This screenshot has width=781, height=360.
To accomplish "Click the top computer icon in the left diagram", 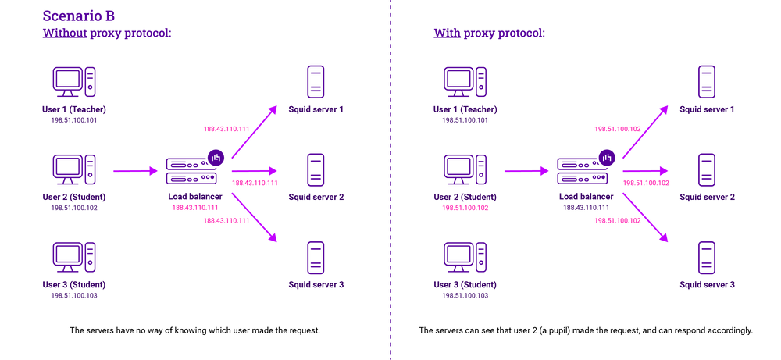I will coord(74,80).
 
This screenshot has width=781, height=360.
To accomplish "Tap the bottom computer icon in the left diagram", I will coord(74,256).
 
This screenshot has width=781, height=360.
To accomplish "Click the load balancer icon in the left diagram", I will coord(194,169).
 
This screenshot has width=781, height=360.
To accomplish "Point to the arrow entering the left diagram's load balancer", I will coord(135,170).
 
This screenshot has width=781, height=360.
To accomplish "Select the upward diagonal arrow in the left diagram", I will coord(255,130).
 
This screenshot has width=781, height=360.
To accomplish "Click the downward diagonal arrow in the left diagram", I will coord(255,217).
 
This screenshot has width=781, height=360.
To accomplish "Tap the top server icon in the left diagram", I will coord(316,82).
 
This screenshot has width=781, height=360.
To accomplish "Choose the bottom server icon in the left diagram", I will coord(316,257).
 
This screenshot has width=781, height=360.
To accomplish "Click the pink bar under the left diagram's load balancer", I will coord(195,208).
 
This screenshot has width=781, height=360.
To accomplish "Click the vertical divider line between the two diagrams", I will coord(390,180).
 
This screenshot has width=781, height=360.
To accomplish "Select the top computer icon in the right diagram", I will coord(465,80).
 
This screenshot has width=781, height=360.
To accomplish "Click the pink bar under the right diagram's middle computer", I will coord(465,208).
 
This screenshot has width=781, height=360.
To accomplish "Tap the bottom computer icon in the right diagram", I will coord(465,256).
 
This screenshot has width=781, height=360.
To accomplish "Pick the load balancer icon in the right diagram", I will coord(584,169).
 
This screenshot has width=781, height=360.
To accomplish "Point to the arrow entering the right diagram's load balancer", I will coord(526,170).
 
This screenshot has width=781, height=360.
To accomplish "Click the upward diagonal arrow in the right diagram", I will coord(645,130).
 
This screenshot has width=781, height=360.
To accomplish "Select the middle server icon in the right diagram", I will coord(707,169).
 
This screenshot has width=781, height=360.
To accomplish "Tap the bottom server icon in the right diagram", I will coord(707,257).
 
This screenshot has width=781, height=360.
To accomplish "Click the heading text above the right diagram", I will coord(488,34).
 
